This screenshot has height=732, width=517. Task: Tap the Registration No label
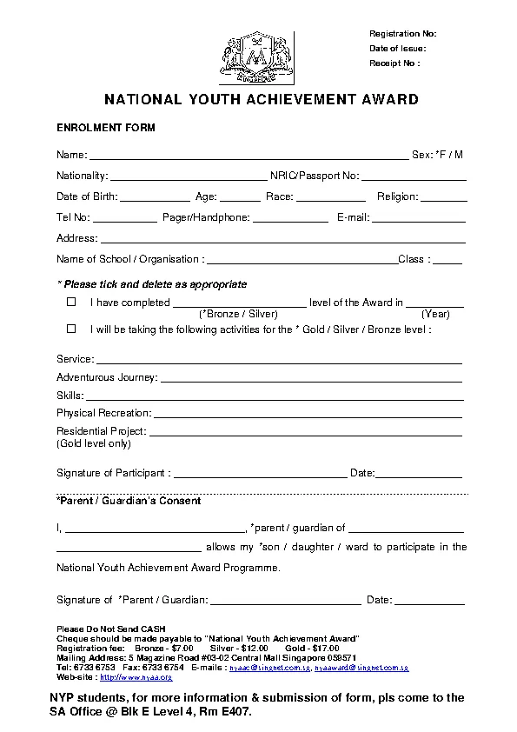(402, 34)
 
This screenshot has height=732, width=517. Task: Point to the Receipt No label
(394, 63)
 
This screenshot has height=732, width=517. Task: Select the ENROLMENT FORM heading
(106, 128)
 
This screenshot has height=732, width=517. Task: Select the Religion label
(397, 196)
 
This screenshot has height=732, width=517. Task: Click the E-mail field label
(353, 217)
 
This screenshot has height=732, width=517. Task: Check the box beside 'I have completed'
(71, 303)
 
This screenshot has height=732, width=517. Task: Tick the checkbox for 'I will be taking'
(71, 329)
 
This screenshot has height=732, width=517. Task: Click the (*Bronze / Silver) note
(238, 314)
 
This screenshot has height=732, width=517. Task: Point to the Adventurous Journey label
(107, 377)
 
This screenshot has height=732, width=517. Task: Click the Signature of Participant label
(113, 473)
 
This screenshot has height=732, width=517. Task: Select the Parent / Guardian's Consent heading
(129, 501)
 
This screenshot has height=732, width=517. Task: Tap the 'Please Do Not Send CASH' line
(110, 629)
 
